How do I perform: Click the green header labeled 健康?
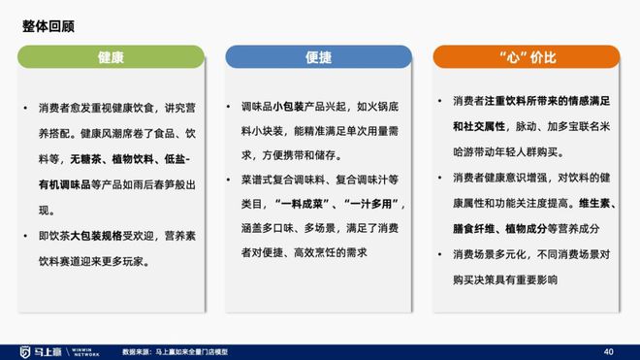click(x=111, y=57)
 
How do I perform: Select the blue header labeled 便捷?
click(x=319, y=57)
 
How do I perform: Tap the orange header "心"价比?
click(x=527, y=57)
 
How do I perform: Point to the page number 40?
click(x=609, y=350)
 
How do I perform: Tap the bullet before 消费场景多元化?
click(x=441, y=254)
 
